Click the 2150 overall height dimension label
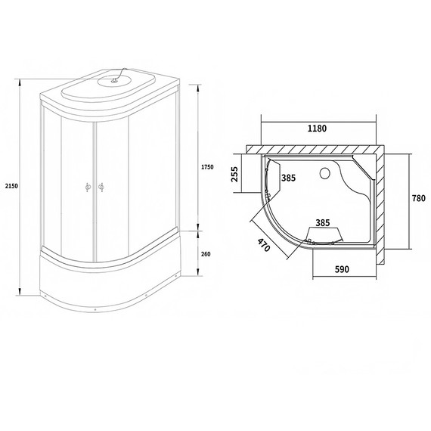(x=10, y=186)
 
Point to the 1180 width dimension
(x=318, y=128)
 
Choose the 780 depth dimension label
(x=417, y=198)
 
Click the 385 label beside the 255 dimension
(x=288, y=178)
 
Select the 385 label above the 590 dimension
(x=324, y=223)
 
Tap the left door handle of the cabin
(x=87, y=188)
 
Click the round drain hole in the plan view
(x=327, y=173)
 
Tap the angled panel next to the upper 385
(x=274, y=172)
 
